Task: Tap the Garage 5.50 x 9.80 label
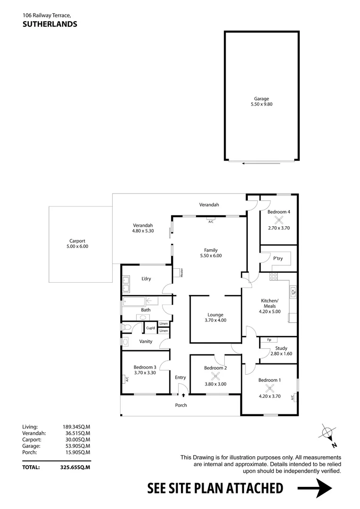coord(262,101)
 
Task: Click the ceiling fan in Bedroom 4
coord(278,219)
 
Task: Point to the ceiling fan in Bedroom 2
coord(216,376)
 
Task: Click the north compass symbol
coord(327,433)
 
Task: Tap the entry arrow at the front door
coord(183,394)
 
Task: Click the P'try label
coord(278,259)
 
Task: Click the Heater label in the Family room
coord(181,272)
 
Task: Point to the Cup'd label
coord(151,328)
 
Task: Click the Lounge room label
coord(215,315)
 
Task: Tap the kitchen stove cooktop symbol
coord(273,277)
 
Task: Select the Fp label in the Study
coord(269,340)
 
